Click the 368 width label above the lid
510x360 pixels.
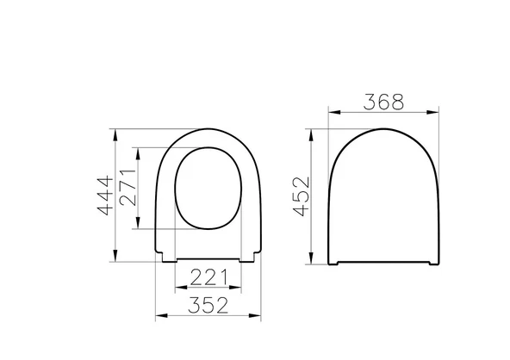pyautogui.click(x=383, y=102)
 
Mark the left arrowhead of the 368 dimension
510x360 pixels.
pyautogui.click(x=333, y=112)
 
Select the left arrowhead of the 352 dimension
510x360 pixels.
pyautogui.click(x=158, y=317)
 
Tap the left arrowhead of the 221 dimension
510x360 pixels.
pyautogui.click(x=177, y=289)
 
